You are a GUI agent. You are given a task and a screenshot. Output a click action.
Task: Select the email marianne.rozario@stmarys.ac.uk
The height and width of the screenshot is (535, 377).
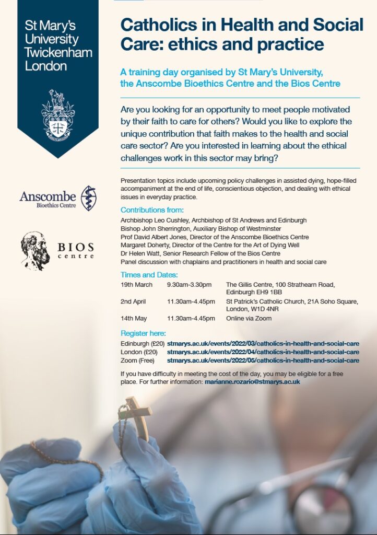(252, 382)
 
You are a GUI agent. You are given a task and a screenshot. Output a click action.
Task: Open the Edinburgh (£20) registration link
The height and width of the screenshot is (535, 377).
(263, 343)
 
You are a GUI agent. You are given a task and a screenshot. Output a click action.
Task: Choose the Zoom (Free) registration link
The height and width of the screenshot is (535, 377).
(263, 360)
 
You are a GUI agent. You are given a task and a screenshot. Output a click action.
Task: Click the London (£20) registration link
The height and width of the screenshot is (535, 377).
(263, 352)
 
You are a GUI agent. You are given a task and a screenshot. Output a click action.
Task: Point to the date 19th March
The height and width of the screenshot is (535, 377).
(136, 285)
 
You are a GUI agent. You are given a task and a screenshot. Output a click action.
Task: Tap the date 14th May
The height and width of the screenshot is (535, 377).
(134, 318)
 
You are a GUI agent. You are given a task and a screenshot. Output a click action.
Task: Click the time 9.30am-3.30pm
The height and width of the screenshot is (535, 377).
(189, 285)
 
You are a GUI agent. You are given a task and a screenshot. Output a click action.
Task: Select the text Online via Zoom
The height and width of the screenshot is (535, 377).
(249, 318)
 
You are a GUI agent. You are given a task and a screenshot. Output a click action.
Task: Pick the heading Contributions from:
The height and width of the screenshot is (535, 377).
(152, 210)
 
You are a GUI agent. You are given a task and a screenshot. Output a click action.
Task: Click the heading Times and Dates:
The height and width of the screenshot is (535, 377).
(149, 275)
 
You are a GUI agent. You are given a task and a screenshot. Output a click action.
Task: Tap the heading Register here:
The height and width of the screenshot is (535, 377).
(143, 333)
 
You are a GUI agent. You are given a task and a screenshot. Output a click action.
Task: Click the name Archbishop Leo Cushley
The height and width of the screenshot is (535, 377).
(155, 220)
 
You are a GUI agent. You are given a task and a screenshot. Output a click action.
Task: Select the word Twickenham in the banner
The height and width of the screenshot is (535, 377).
(58, 53)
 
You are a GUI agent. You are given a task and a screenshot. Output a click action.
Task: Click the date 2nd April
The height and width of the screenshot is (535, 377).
(133, 301)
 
